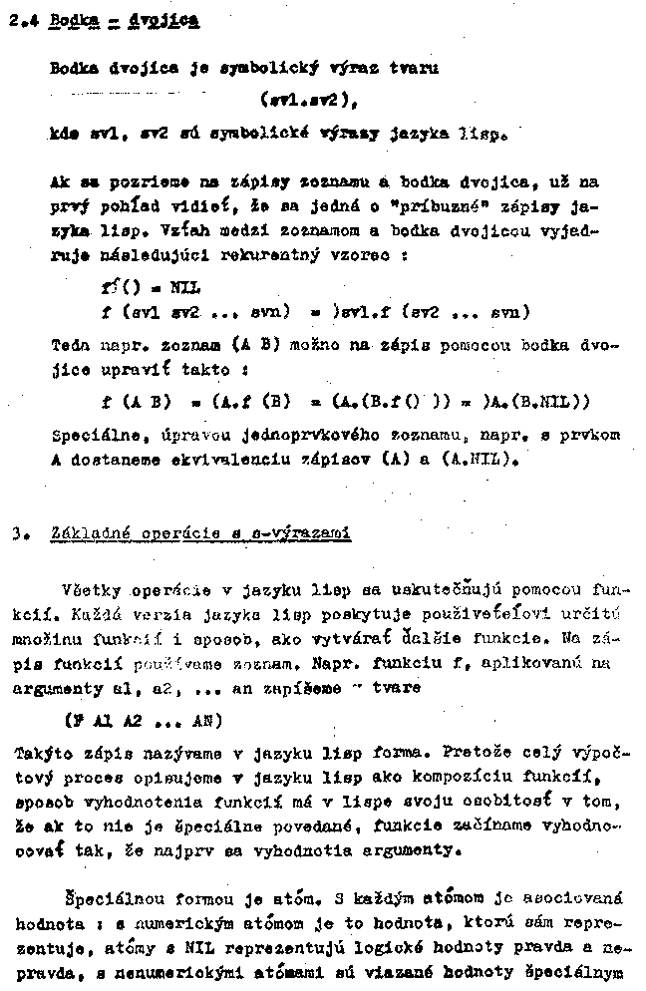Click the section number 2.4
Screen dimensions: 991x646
pos(20,19)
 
